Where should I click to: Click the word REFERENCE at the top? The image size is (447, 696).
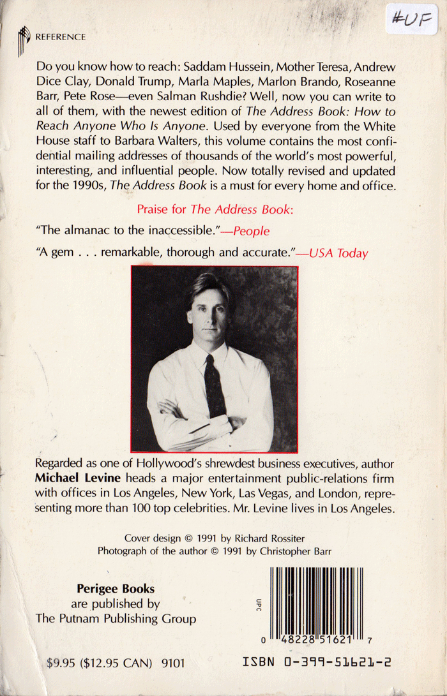coord(60,37)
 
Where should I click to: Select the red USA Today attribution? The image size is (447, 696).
coord(338,253)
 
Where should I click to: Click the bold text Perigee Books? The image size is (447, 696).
coord(116,589)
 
